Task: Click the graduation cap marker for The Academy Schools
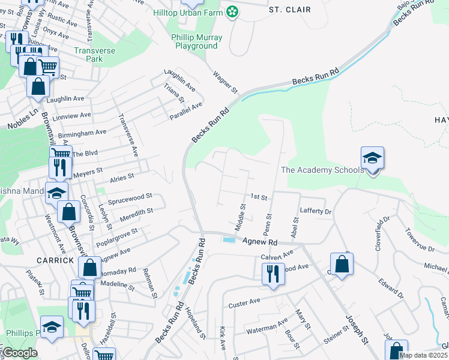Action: [372, 158]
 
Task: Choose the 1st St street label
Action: [259, 196]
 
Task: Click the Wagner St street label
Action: [226, 82]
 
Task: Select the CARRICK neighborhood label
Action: [54, 260]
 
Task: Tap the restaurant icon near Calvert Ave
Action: [273, 274]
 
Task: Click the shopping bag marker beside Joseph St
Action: [342, 264]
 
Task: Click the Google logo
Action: [20, 353]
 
